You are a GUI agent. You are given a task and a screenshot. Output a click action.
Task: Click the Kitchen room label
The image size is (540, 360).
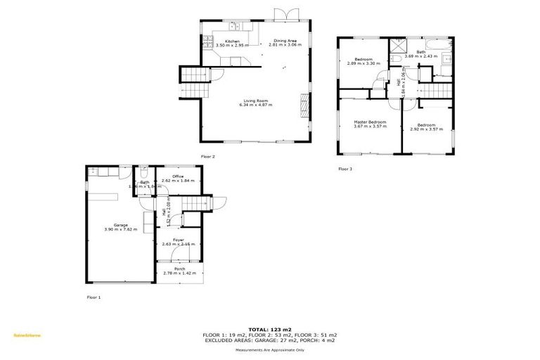232,41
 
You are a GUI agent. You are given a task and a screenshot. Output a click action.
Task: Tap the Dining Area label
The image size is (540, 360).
284,40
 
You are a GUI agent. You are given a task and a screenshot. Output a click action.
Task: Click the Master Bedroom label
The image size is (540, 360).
370,122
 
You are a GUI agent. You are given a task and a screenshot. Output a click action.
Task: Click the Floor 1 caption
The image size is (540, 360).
94,297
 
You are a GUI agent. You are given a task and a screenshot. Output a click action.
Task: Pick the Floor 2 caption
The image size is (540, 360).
207,156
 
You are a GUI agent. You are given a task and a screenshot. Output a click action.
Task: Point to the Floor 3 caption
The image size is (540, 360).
345,169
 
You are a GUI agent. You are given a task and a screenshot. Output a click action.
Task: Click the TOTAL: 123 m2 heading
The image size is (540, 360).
269,329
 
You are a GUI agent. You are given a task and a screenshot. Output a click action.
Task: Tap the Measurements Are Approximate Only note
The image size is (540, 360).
269,349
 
